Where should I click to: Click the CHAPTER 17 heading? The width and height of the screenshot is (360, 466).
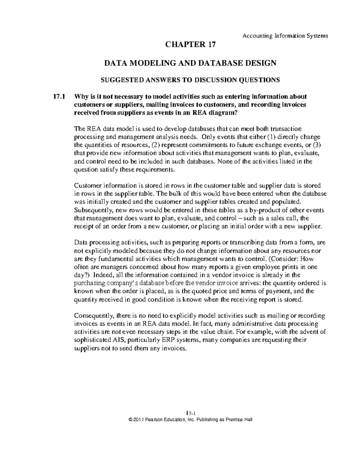click(x=190, y=45)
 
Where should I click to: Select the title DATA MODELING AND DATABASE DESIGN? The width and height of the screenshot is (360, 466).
click(x=190, y=63)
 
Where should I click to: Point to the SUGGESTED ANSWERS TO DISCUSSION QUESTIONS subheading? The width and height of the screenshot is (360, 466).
click(x=190, y=80)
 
